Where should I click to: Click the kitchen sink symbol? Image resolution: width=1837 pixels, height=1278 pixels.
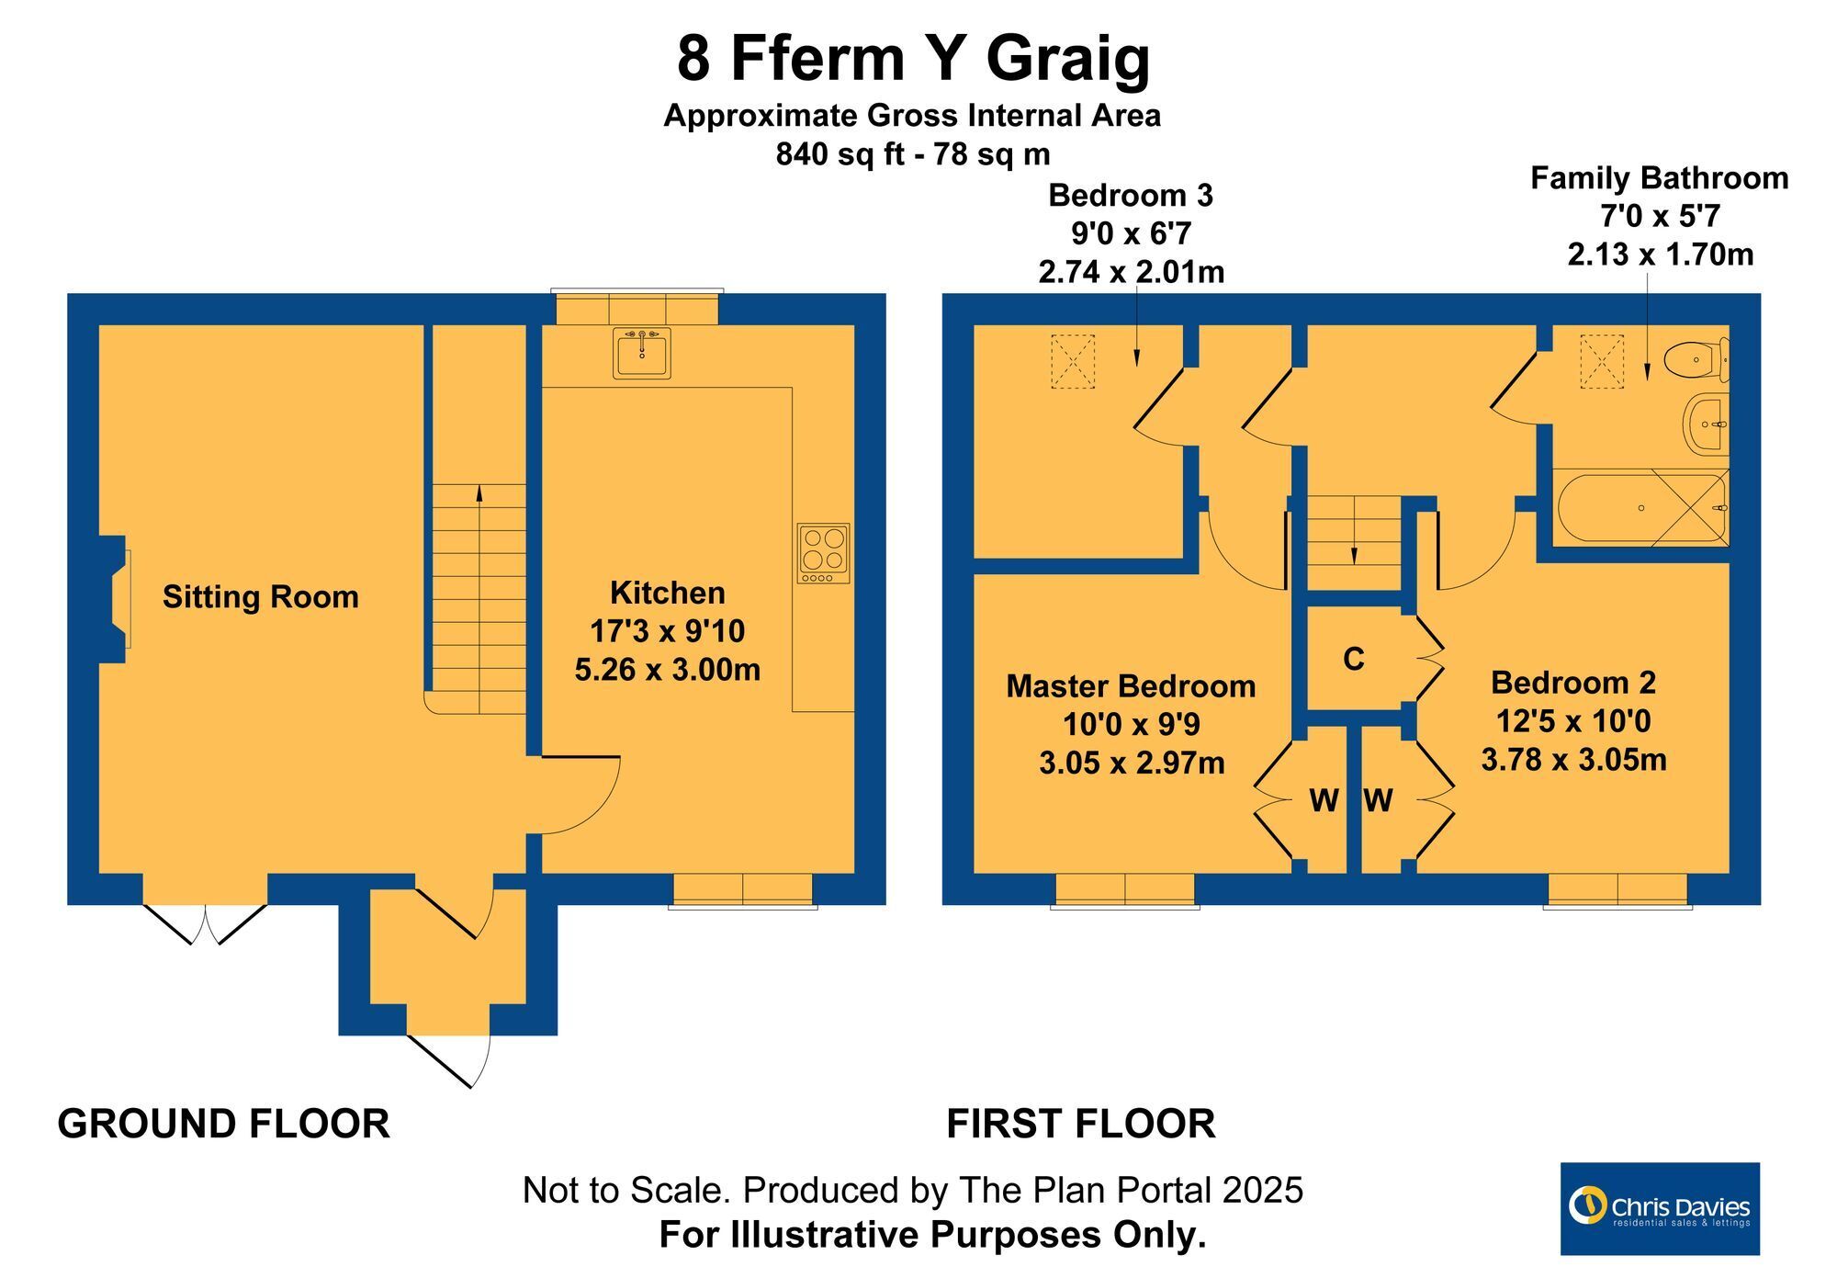point(642,353)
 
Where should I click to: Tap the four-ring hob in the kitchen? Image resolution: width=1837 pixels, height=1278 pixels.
point(823,553)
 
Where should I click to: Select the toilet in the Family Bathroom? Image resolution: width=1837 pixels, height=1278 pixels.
point(1698,359)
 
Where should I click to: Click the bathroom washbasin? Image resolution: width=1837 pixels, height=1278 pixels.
point(1707,424)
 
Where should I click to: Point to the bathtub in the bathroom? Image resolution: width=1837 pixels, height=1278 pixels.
point(1642,507)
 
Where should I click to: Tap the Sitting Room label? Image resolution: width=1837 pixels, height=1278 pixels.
point(261,597)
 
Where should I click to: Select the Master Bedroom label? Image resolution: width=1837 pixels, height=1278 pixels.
point(1131,686)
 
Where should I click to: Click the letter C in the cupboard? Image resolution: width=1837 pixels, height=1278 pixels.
point(1354,660)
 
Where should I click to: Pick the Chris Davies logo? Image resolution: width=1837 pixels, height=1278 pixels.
point(1660,1208)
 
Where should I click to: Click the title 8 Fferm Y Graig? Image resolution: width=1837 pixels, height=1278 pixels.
point(913,59)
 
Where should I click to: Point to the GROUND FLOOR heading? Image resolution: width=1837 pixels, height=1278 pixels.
point(223,1124)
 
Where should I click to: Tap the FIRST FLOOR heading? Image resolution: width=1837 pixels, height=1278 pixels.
point(1081,1124)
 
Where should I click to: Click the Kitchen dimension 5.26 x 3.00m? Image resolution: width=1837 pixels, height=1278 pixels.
point(668,670)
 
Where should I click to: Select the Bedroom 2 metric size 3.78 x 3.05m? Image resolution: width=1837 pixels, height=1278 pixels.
point(1573,760)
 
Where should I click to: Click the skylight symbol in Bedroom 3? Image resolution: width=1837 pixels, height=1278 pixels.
point(1073,362)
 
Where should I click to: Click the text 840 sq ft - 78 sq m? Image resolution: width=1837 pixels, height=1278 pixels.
point(913,154)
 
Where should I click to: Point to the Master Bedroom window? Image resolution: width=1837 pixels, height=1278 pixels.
point(1125,890)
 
